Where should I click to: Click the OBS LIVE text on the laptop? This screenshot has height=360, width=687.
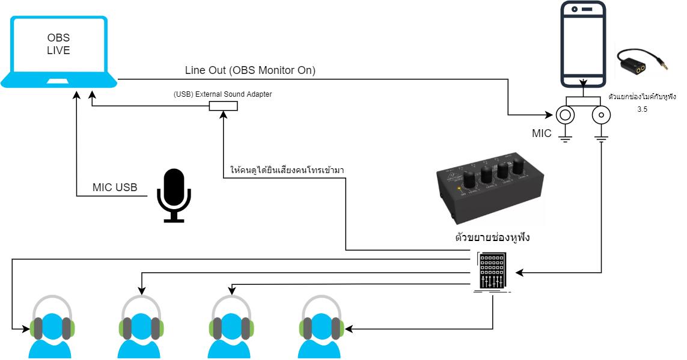pyautogui.click(x=58, y=44)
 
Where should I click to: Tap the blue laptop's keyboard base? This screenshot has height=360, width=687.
pyautogui.click(x=59, y=81)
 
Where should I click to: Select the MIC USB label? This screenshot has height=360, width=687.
pyautogui.click(x=115, y=188)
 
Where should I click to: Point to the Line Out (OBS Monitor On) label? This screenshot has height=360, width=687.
pyautogui.click(x=250, y=71)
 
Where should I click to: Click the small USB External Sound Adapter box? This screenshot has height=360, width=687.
pyautogui.click(x=223, y=106)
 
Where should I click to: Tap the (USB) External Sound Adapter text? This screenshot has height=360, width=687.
pyautogui.click(x=222, y=94)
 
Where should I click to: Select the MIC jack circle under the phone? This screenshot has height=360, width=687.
pyautogui.click(x=564, y=115)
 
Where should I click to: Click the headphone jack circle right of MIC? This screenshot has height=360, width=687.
pyautogui.click(x=601, y=115)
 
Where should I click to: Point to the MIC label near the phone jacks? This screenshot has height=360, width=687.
pyautogui.click(x=542, y=133)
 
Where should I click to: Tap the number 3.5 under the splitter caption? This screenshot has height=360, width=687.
pyautogui.click(x=642, y=110)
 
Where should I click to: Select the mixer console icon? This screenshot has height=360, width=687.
pyautogui.click(x=492, y=272)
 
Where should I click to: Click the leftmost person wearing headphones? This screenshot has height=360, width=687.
pyautogui.click(x=52, y=328)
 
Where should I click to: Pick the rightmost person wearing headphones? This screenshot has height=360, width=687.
pyautogui.click(x=322, y=328)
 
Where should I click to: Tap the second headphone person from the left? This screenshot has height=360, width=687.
pyautogui.click(x=142, y=328)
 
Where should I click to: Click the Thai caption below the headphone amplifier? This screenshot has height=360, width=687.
pyautogui.click(x=492, y=237)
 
